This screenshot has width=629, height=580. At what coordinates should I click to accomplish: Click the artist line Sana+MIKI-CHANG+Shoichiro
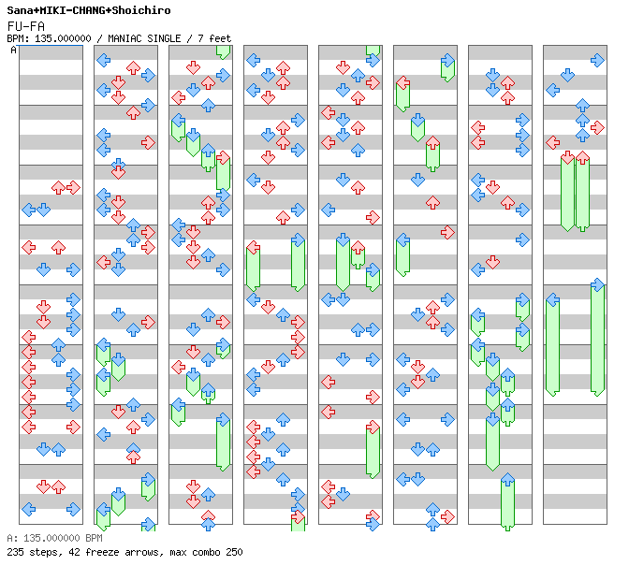pos(89,10)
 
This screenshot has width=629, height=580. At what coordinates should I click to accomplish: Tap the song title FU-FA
pos(25,25)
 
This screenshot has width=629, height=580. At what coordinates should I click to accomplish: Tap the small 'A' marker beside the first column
pos(13,50)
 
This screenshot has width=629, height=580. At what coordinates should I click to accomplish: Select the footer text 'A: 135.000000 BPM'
pos(53,539)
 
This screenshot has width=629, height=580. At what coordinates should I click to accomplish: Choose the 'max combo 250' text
pos(206,552)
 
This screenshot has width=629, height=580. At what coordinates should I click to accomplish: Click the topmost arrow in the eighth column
pos(597,60)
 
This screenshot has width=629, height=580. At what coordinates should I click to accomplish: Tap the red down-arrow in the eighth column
pos(567,157)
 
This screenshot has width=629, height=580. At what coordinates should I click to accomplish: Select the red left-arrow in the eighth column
pos(552,142)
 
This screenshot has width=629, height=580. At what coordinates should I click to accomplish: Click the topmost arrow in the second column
pos(103,60)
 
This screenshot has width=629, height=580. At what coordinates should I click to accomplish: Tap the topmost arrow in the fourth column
pos(253,60)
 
